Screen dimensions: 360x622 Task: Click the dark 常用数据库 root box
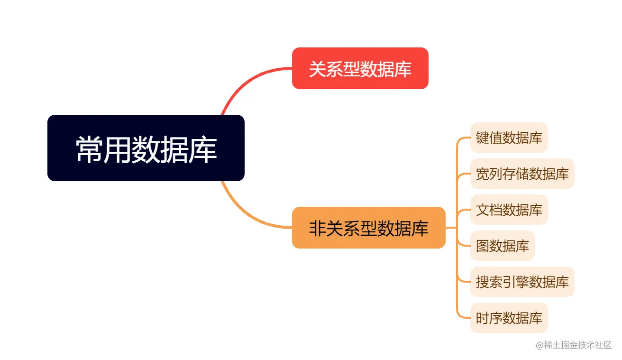click(146, 148)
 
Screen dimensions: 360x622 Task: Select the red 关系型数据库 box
click(360, 68)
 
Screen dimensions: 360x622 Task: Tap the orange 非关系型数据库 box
click(369, 228)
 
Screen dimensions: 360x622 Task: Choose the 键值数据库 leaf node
click(509, 138)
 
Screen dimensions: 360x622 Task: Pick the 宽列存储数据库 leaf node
click(522, 174)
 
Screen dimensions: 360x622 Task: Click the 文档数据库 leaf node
click(509, 210)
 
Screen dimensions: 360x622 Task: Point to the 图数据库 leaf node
click(503, 246)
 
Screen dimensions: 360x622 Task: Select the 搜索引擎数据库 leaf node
click(522, 282)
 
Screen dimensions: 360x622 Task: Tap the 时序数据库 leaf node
click(509, 318)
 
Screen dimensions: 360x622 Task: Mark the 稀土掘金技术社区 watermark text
click(578, 345)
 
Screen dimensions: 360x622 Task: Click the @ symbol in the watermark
click(540, 345)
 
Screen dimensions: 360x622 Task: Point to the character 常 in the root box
click(90, 149)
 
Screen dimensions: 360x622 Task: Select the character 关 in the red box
click(317, 69)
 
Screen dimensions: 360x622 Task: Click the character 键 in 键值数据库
click(483, 138)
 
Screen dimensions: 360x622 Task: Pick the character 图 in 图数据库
click(483, 246)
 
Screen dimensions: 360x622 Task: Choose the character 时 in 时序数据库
click(483, 318)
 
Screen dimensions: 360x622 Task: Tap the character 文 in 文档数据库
click(483, 210)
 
